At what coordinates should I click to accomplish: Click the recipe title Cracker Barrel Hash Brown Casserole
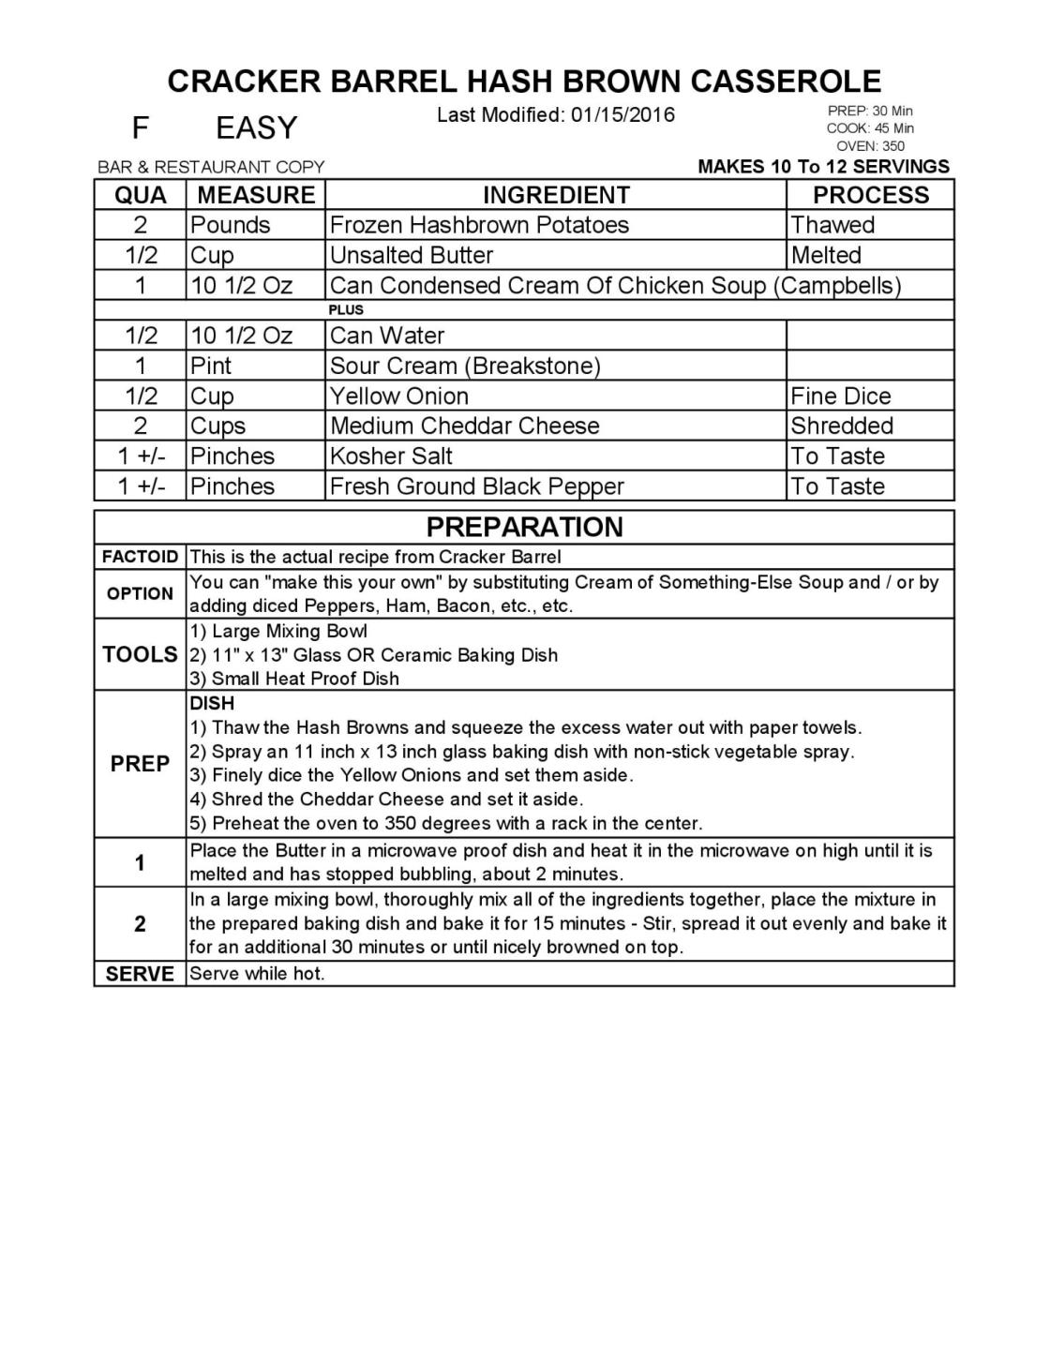524,81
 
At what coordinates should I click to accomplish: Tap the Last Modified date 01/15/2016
555,115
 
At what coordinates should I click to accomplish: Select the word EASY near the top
256,127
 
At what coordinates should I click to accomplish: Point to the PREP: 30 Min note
870,111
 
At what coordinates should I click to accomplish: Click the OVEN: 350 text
870,146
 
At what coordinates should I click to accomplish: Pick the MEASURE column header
256,195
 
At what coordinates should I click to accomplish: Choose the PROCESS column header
870,195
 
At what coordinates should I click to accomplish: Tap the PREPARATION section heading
524,527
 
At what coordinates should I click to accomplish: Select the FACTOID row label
140,557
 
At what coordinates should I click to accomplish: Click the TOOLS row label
140,654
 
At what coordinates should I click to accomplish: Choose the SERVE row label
140,974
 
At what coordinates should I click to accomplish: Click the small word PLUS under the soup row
346,309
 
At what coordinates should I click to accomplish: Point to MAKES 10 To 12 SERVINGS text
823,167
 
